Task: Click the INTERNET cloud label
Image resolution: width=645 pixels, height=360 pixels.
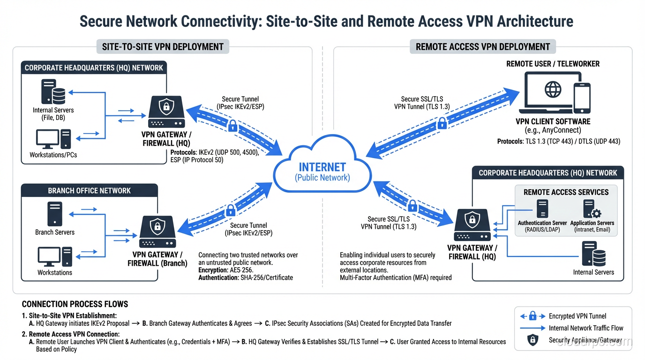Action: pyautogui.click(x=322, y=167)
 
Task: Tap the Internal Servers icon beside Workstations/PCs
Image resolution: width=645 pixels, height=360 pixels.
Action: pyautogui.click(x=53, y=91)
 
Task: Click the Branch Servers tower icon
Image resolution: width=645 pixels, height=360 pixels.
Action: pyautogui.click(x=55, y=214)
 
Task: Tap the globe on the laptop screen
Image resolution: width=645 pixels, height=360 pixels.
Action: pyautogui.click(x=553, y=90)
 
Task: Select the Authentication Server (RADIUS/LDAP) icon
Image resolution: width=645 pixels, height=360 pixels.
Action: pyautogui.click(x=542, y=209)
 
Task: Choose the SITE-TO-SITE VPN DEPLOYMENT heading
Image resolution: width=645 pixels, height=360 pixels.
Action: pyautogui.click(x=163, y=46)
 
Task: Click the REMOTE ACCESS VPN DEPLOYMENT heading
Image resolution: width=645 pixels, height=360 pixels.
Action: pyautogui.click(x=483, y=46)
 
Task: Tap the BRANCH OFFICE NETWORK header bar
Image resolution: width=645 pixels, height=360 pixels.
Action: pyautogui.click(x=89, y=191)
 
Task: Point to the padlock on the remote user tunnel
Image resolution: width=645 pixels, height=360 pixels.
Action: pyautogui.click(x=442, y=123)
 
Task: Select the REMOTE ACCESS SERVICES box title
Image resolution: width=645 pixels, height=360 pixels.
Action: pyautogui.click(x=566, y=192)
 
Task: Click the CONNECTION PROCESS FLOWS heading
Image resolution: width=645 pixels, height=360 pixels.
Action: pyautogui.click(x=75, y=304)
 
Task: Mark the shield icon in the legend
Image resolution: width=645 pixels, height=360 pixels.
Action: pyautogui.click(x=532, y=340)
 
